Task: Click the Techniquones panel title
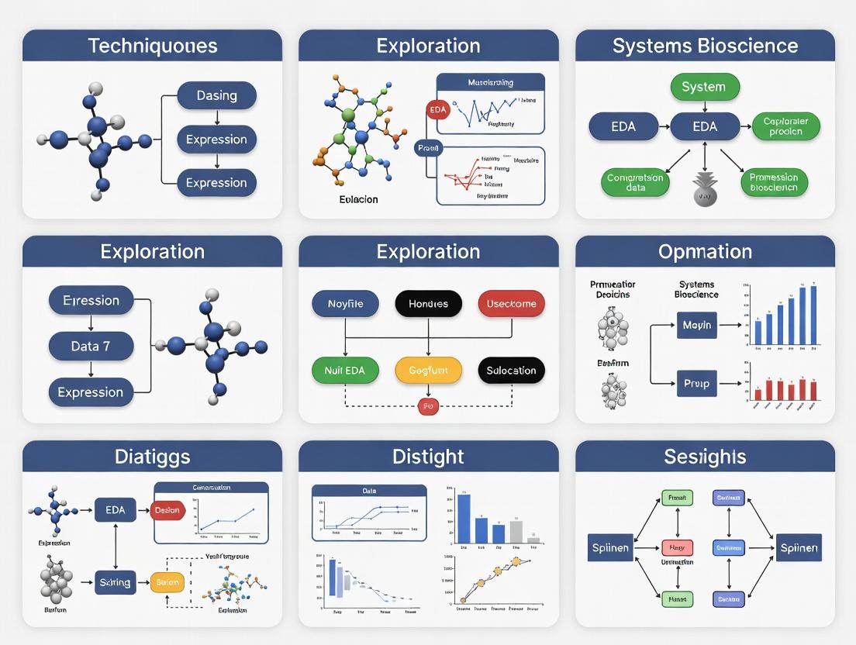(x=152, y=46)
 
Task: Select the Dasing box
(x=216, y=96)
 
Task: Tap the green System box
(x=704, y=87)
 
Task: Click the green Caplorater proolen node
(x=785, y=126)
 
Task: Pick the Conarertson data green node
(x=634, y=182)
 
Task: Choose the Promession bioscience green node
(x=774, y=182)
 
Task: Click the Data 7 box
(x=91, y=347)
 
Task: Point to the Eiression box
(x=91, y=301)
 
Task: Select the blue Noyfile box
(x=345, y=304)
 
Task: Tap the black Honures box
(x=428, y=304)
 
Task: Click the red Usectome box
(x=511, y=304)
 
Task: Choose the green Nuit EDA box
(x=345, y=371)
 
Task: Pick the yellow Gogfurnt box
(x=428, y=371)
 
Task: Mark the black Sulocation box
(x=511, y=371)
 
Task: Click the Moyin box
(x=696, y=326)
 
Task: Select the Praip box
(x=696, y=384)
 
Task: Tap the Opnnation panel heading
(x=705, y=252)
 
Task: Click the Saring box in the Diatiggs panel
(x=115, y=582)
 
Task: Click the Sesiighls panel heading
(x=705, y=457)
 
